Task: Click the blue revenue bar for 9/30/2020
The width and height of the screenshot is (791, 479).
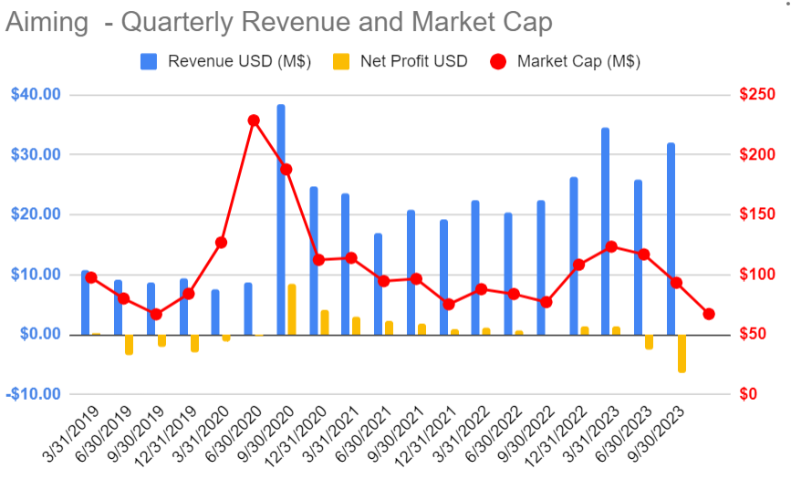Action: [281, 219]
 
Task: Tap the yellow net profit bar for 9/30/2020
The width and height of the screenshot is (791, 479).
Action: [292, 309]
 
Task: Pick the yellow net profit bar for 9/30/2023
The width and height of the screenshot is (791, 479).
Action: [682, 353]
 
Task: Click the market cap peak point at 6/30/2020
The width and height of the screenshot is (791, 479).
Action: [254, 120]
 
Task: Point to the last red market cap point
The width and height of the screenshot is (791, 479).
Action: [709, 314]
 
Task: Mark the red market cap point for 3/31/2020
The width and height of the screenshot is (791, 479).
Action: [221, 243]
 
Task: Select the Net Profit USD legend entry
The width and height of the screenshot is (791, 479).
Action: [401, 62]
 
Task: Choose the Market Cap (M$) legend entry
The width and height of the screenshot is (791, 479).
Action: [566, 62]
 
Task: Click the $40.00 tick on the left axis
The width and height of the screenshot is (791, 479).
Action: [36, 95]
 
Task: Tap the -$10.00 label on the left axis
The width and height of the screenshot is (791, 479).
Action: [36, 394]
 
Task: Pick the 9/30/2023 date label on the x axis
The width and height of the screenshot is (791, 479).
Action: [661, 436]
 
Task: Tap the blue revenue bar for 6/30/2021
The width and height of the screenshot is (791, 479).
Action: [378, 284]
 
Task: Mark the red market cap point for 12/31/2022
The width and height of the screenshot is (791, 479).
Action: [578, 265]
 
